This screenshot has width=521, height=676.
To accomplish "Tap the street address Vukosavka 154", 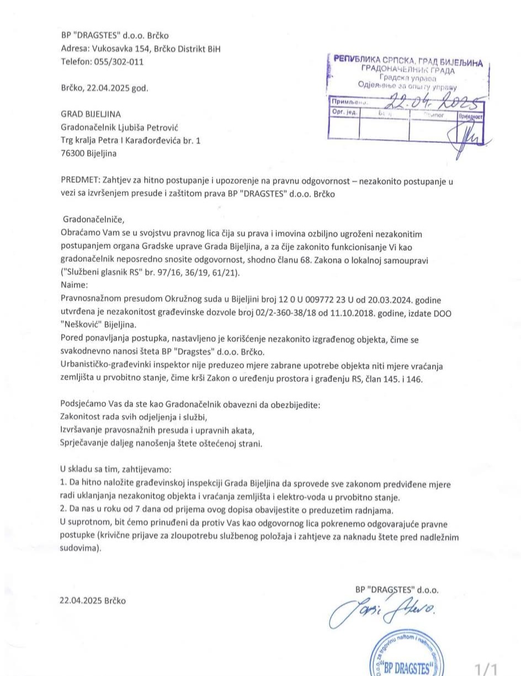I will point(120,49).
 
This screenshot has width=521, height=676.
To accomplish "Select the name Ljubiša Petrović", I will point(150,128).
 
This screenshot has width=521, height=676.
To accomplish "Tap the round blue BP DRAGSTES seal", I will point(407,660).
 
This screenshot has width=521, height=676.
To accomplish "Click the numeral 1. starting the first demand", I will point(63,482).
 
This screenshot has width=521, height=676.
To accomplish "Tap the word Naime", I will point(73,285).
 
